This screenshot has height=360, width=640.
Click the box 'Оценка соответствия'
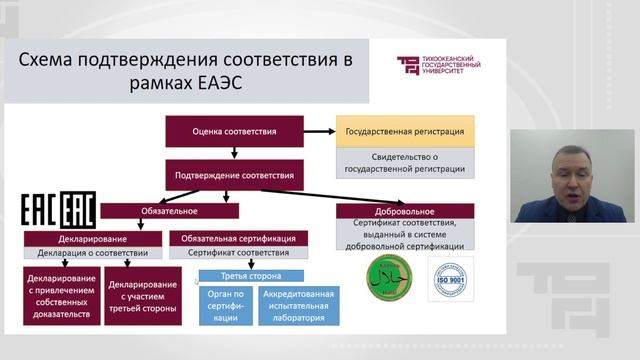tap(234, 131)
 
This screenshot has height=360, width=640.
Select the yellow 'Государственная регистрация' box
tap(405, 131)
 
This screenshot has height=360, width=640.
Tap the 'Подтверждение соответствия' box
tap(234, 177)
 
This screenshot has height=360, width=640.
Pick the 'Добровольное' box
tap(406, 211)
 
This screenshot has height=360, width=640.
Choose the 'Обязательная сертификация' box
tap(239, 239)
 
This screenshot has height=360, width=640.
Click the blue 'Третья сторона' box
tap(238, 276)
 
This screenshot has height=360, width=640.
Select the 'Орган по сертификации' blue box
tap(225, 305)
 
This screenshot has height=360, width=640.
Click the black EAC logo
tap(59, 209)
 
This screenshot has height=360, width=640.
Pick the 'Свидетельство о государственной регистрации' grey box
tap(405, 162)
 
